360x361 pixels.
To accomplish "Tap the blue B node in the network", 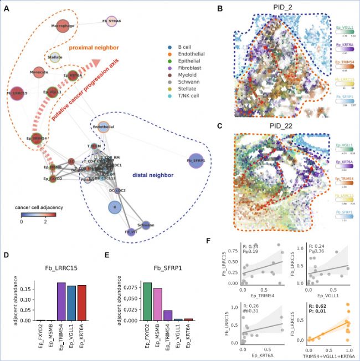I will tap(115, 207).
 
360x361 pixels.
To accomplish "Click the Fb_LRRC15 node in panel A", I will tap(17, 94).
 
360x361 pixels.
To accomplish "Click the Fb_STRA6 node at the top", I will tap(112, 21).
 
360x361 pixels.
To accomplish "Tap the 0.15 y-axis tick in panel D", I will tap(29, 288).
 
